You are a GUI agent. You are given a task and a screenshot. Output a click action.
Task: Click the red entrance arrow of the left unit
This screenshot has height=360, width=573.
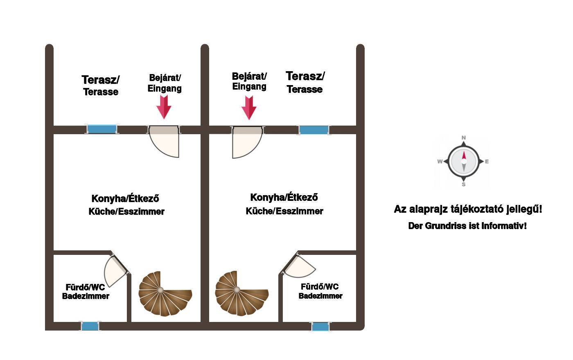[x=164, y=107]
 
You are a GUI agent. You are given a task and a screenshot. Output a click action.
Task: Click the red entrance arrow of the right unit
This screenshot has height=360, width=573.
[x=249, y=108]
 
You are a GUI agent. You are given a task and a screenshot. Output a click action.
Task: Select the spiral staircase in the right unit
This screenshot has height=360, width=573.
[x=239, y=292]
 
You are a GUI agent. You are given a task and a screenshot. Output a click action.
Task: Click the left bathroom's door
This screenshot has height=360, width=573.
[x=115, y=270]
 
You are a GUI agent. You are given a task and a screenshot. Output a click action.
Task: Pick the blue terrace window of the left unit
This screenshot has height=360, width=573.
[x=102, y=129]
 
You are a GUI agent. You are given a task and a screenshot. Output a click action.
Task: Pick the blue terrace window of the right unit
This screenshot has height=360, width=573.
[x=314, y=130]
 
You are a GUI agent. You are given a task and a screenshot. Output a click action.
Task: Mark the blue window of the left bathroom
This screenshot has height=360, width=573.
[x=90, y=326]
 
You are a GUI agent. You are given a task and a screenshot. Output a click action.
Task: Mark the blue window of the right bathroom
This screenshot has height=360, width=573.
[x=320, y=326]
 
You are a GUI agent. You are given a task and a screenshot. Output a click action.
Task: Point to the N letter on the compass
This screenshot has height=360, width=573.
[x=464, y=138]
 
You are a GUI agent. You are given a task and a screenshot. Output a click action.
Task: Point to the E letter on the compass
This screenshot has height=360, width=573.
[x=487, y=162]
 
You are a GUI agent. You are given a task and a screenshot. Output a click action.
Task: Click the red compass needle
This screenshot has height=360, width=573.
[x=464, y=156]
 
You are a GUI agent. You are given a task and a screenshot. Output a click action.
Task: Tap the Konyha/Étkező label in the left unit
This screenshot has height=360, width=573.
[x=125, y=199]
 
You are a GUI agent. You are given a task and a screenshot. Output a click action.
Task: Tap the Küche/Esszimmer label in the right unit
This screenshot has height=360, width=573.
[x=284, y=211]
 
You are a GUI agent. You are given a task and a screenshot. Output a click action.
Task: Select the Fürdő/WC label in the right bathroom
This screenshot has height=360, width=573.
[x=320, y=287]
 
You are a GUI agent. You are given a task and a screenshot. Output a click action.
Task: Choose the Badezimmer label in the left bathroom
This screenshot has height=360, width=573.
[x=86, y=296]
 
